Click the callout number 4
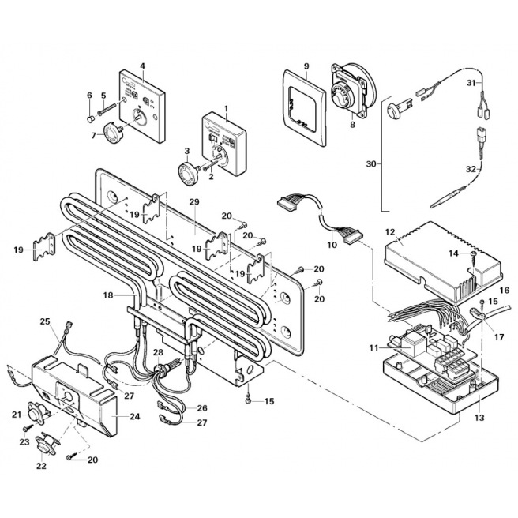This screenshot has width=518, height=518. coord(142,66)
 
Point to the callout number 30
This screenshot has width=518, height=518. coord(370,164)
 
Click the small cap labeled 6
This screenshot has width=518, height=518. coord(89,120)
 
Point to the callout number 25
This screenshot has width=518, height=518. coord(45,321)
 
